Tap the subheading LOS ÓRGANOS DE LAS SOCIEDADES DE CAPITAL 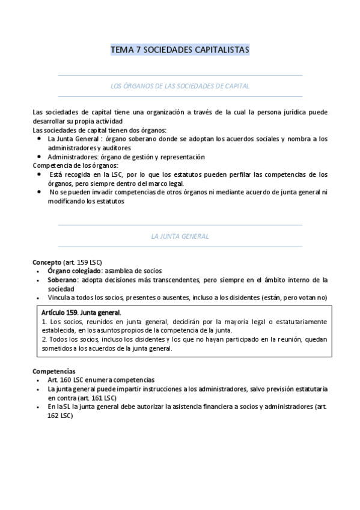point(180,86)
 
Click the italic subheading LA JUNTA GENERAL point(180,236)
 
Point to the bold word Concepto point(46,262)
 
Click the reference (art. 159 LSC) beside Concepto point(82,262)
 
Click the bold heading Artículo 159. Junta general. point(81,313)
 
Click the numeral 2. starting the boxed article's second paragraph point(44,339)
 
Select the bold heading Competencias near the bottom point(53,371)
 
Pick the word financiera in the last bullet point(192,407)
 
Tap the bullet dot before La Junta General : point(39,139)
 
